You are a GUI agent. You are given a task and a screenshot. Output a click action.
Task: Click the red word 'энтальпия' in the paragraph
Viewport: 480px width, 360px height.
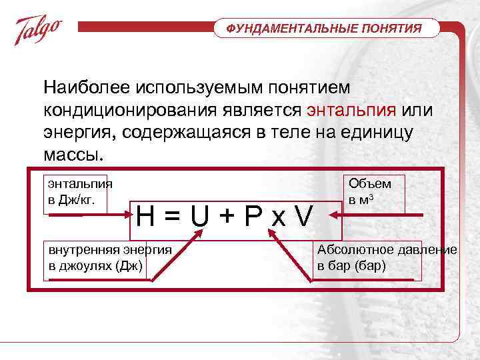[352, 110]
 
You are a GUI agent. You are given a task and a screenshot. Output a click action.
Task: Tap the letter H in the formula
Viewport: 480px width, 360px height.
[147, 216]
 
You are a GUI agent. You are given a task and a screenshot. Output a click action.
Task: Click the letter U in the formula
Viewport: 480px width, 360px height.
[198, 216]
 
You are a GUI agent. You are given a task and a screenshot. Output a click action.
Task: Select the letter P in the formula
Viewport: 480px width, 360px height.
[252, 216]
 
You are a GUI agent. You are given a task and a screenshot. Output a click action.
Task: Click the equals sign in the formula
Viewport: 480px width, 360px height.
[172, 216]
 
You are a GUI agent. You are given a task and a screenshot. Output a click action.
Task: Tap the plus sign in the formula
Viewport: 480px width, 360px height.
[225, 216]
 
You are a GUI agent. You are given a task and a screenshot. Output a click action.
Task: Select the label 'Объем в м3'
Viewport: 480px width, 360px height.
[370, 192]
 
